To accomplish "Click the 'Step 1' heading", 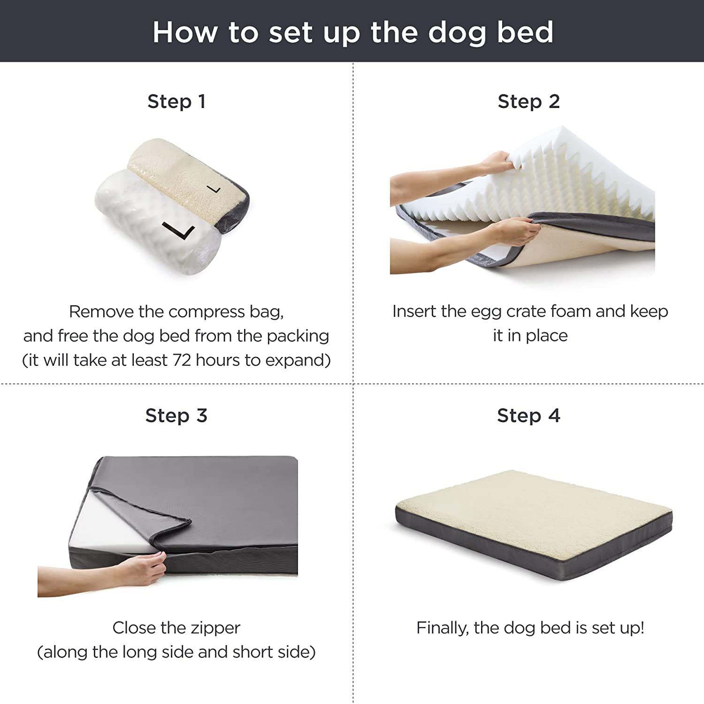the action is coord(176,101).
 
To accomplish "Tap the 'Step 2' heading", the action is coord(529,101).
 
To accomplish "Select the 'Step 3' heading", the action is coord(176,416).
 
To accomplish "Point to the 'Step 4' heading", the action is coord(529,416).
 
